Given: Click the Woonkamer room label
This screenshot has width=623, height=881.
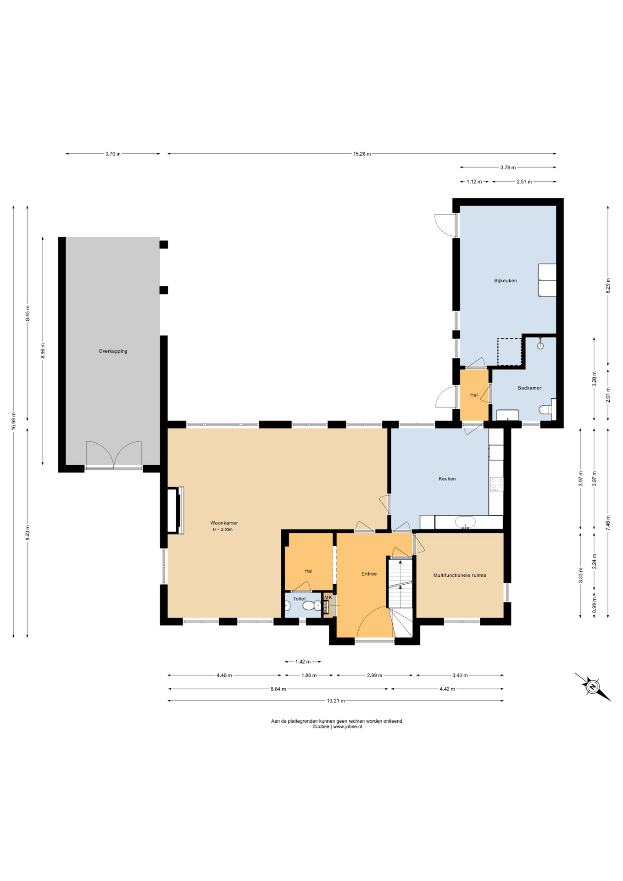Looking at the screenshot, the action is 224,523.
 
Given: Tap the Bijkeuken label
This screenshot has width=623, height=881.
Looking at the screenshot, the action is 505,280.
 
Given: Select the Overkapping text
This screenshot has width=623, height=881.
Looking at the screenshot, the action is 113,351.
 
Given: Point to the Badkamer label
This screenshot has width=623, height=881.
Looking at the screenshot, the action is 529,388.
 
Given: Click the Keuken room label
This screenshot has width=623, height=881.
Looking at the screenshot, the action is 447,479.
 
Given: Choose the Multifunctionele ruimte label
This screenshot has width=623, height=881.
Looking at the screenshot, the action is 460,575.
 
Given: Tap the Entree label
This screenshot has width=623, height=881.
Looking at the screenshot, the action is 369,574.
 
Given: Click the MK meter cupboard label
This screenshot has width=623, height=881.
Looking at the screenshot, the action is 328,597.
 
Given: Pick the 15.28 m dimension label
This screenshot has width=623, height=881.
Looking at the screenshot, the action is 362,154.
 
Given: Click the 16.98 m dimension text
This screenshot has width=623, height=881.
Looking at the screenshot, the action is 14,421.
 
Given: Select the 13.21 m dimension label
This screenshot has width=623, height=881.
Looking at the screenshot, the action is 336,701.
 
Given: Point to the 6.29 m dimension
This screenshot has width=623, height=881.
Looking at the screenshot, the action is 608,285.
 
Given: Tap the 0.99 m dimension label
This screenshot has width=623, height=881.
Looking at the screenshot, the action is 594,605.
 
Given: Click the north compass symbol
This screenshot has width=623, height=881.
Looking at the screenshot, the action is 592,686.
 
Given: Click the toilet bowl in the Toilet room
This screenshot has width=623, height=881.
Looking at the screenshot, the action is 311,606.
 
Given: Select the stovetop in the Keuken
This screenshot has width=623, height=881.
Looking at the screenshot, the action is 496,484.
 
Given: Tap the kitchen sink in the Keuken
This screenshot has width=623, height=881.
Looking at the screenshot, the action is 465,522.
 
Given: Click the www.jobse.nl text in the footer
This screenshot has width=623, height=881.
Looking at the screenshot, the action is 347,727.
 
